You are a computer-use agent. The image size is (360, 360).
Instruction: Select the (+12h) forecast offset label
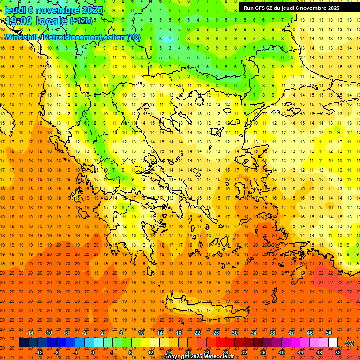tap(81, 21)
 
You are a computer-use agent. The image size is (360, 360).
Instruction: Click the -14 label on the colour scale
tap(30, 333)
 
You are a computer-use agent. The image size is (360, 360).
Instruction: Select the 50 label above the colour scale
tap(329, 333)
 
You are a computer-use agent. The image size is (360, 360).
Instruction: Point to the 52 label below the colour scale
tap(338, 352)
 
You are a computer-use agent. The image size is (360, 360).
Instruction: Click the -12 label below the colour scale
tap(39, 352)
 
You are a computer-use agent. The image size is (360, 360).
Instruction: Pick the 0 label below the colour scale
tap(93, 352)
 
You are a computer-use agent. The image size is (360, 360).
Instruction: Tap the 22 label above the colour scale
tap(197, 333)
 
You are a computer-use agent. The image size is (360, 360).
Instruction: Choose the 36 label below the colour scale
tap(263, 352)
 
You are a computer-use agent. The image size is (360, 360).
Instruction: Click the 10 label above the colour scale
tap(141, 333)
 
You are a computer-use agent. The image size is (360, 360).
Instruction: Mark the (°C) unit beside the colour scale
tap(349, 343)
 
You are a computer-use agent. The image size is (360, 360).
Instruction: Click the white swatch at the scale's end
tap(333, 343)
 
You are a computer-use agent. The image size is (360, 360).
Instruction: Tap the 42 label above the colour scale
tap(291, 333)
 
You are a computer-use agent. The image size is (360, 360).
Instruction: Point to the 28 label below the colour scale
tap(225, 352)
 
